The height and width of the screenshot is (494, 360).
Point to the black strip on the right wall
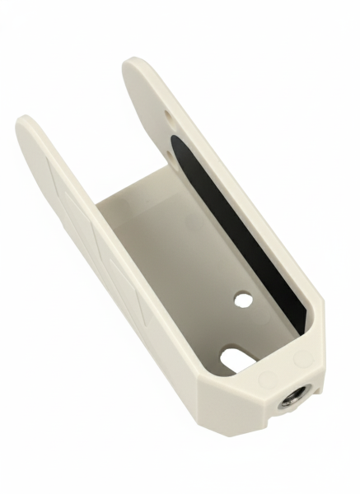(239, 231)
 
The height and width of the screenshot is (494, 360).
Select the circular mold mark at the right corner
(303, 360)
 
